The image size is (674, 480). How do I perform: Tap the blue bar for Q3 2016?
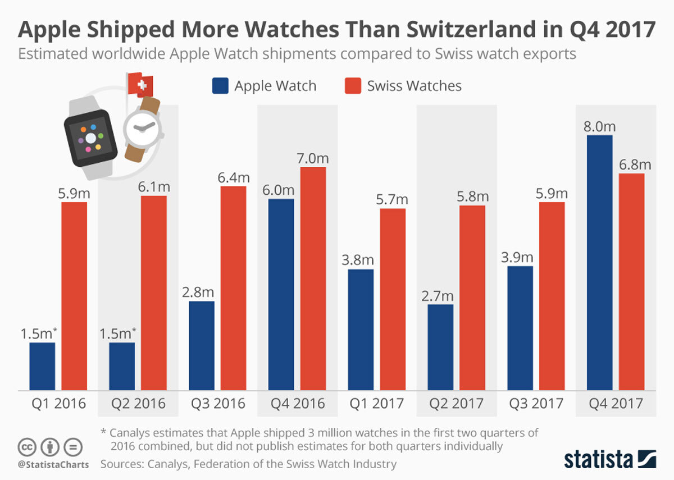click(x=202, y=346)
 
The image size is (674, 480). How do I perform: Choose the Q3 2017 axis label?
click(x=536, y=404)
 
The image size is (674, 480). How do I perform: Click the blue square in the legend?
click(x=220, y=86)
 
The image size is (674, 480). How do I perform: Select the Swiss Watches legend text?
click(x=414, y=86)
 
